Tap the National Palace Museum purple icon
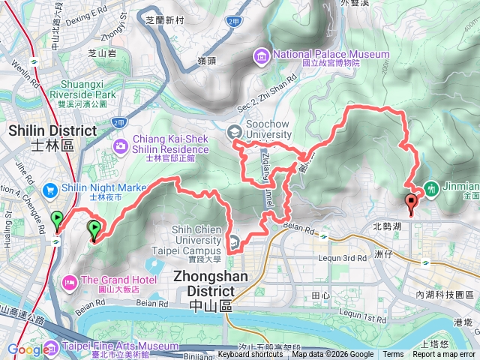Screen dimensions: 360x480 261,54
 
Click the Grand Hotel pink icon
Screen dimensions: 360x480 69,283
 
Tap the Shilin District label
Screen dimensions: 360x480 52,136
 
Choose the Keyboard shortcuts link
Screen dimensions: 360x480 250,355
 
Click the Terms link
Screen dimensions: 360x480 393,355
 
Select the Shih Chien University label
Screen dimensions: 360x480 187,245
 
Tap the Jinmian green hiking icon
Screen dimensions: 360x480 432,188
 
